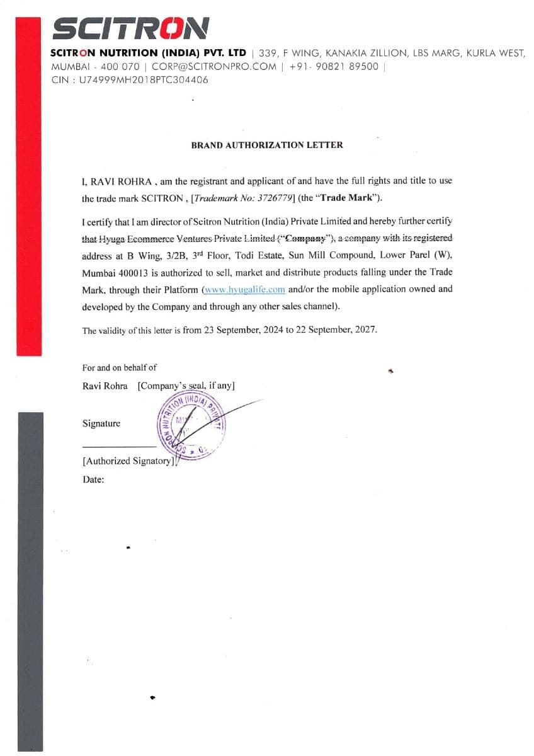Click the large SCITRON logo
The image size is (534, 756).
(x=130, y=28)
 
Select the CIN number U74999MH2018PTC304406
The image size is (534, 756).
(x=143, y=80)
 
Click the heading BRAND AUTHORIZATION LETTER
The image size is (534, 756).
(x=267, y=145)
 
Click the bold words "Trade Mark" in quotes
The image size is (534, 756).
(x=348, y=198)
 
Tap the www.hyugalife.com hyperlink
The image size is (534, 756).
(x=244, y=290)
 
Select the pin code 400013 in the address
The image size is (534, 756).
(x=133, y=273)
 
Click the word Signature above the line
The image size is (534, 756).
(x=101, y=423)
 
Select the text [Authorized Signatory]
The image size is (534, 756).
(x=128, y=461)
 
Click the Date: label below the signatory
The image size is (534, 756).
(x=93, y=479)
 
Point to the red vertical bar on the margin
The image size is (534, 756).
(x=28, y=189)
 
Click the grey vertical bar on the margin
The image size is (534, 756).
(x=30, y=580)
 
